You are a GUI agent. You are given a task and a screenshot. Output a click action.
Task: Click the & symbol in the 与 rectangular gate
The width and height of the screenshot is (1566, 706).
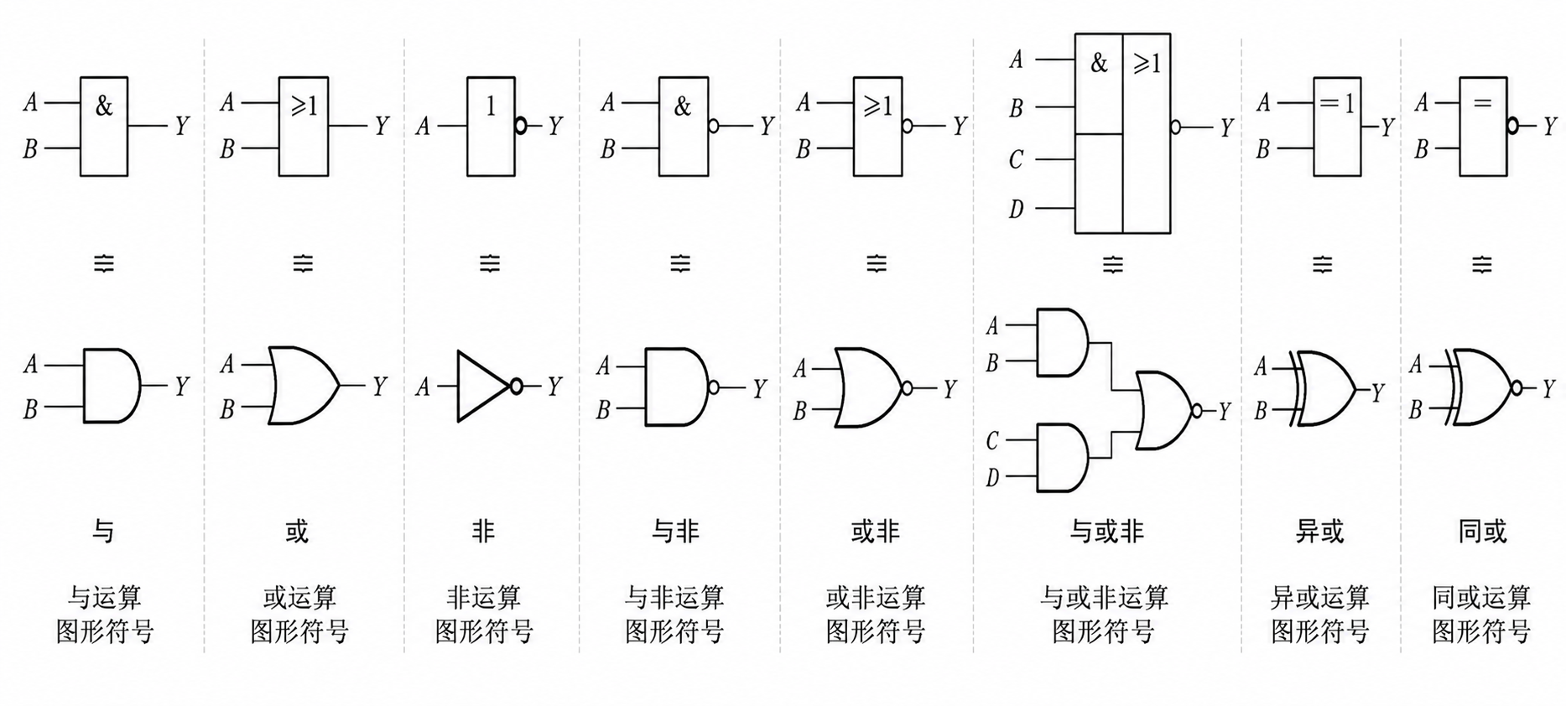pos(103,106)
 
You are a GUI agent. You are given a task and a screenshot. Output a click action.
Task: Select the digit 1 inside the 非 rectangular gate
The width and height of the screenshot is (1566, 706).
pos(491,106)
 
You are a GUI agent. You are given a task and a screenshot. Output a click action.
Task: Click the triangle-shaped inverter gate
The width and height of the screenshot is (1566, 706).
pos(483,386)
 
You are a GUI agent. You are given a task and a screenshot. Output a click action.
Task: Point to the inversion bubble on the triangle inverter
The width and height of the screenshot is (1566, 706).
pos(516,386)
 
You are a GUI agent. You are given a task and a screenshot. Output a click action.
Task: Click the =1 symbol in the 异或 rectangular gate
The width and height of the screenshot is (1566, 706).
pos(1336,103)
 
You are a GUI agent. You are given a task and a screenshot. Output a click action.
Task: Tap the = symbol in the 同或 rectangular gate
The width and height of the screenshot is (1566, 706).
pos(1482,102)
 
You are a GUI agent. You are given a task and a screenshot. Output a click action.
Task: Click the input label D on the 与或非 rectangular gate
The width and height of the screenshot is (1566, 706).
pos(1016,208)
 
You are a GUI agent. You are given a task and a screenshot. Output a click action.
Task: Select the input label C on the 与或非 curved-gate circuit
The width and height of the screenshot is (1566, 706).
pos(992,440)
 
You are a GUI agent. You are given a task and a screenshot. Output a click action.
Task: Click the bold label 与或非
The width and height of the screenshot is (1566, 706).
pos(1106,531)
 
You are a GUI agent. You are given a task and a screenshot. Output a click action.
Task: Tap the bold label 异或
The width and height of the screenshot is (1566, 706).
pos(1319,531)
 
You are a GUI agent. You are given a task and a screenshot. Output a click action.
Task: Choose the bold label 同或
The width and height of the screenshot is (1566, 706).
pos(1482,531)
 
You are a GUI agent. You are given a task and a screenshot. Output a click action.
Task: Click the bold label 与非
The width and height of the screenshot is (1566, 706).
pos(675,531)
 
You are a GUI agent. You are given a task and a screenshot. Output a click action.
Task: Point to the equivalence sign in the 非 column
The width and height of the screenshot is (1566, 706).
pos(489,264)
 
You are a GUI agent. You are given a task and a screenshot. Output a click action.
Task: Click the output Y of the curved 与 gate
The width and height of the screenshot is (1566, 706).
pos(181,386)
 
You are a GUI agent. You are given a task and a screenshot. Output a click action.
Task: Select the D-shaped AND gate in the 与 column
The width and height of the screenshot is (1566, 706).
pos(112,385)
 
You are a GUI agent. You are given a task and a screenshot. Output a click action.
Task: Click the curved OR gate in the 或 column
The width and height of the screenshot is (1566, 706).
pos(303,385)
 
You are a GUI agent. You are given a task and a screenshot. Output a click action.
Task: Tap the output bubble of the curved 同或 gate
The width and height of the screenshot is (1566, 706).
pos(1516,387)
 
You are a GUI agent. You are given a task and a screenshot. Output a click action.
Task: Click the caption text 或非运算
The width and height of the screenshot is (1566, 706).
pos(875,598)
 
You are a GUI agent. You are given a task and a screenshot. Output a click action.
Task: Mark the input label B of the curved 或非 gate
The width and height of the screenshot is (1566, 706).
pos(800,411)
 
